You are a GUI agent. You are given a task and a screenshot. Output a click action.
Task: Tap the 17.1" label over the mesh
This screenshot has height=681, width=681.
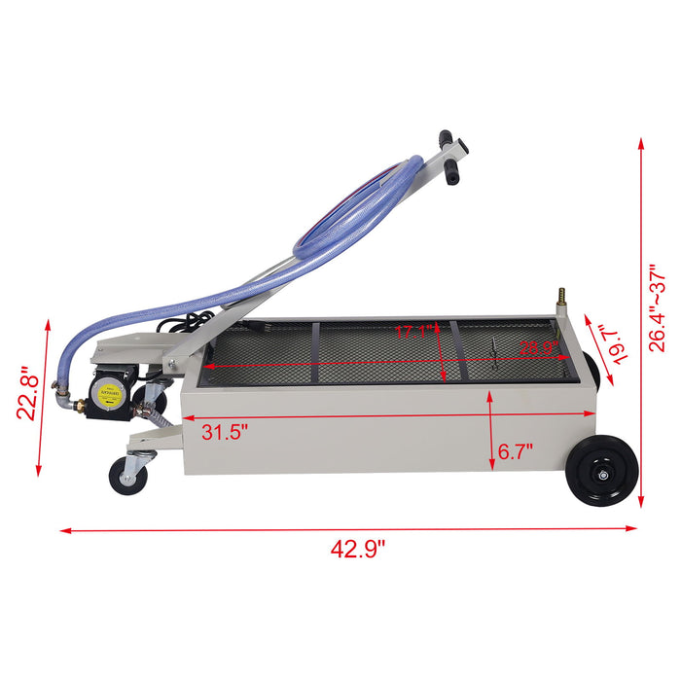pos(412,332)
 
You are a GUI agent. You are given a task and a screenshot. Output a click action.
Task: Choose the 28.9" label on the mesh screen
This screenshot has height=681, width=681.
pos(536,348)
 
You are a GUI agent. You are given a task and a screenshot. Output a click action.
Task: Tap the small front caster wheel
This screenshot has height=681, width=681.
pos(127,477)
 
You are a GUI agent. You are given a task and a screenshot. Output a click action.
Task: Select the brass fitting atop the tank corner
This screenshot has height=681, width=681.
pos(561,295)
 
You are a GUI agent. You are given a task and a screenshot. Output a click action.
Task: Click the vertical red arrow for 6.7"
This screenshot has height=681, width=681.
pos(491,427)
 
